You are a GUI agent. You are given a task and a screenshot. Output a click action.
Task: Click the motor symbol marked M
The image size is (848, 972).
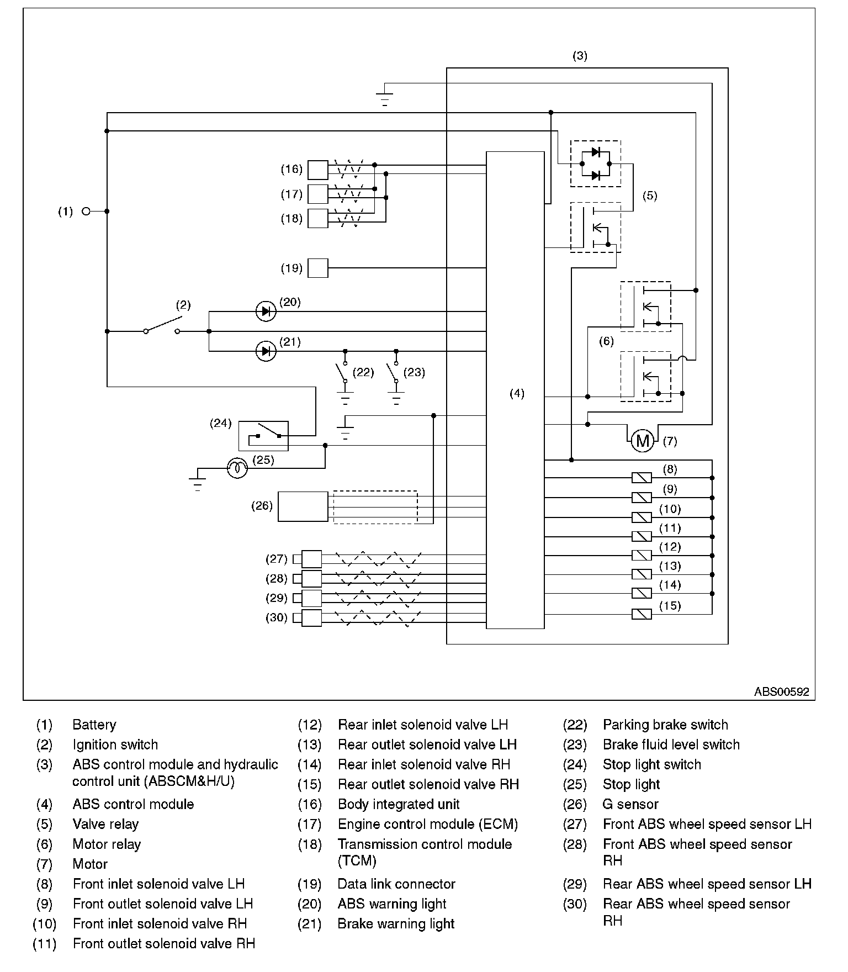(x=642, y=441)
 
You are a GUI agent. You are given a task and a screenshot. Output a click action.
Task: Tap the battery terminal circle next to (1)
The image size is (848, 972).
(x=86, y=211)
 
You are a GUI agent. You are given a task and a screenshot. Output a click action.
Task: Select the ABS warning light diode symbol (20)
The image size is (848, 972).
(x=266, y=311)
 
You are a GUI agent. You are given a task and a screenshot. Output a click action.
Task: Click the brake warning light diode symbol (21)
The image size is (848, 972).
(x=266, y=351)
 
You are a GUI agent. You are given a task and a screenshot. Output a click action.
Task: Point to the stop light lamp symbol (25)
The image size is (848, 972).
(x=237, y=468)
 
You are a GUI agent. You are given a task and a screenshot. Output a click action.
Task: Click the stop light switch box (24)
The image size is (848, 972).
(x=263, y=436)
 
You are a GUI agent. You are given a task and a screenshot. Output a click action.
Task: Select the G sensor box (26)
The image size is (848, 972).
(x=303, y=506)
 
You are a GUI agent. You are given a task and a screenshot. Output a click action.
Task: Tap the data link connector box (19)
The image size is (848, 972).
(x=317, y=268)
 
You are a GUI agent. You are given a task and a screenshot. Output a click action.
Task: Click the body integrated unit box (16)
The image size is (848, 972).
(x=317, y=170)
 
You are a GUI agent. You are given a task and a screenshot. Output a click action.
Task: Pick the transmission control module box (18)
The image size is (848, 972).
(x=317, y=219)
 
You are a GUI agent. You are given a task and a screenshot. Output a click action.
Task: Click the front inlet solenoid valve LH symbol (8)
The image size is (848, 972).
(x=641, y=478)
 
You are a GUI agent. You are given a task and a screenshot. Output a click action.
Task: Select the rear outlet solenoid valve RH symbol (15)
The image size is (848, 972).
(x=641, y=614)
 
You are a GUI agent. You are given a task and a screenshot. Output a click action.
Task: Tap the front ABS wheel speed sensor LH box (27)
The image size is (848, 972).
(x=311, y=559)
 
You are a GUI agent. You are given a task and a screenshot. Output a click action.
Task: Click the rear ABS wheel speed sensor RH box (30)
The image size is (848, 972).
(x=311, y=617)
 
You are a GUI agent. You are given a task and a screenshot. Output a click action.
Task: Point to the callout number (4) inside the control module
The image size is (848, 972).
(x=517, y=393)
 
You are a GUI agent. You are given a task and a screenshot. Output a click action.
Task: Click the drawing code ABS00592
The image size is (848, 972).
(x=781, y=691)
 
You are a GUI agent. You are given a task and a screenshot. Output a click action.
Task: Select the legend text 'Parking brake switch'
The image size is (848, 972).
(x=665, y=725)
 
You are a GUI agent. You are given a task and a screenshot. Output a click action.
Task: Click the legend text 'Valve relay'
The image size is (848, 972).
(x=105, y=824)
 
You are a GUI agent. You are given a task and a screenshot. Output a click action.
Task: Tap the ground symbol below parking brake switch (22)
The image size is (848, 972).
(x=346, y=398)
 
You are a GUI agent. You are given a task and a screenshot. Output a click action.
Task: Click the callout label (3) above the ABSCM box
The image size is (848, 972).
(x=580, y=56)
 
